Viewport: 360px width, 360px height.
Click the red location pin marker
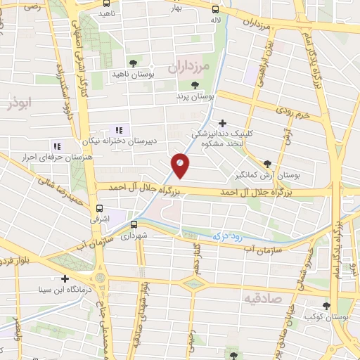tap(181, 165)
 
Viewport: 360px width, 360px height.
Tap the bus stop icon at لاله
tap(216, 11)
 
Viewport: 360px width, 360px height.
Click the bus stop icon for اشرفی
tap(100, 208)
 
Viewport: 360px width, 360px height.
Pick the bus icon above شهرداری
tap(133, 225)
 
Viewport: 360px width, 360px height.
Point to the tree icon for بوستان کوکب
tap(326, 305)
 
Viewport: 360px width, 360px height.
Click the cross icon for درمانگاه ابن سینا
tap(65, 278)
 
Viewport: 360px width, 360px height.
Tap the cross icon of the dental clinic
tap(223, 122)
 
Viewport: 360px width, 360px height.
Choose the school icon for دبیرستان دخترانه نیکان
tap(118, 129)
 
